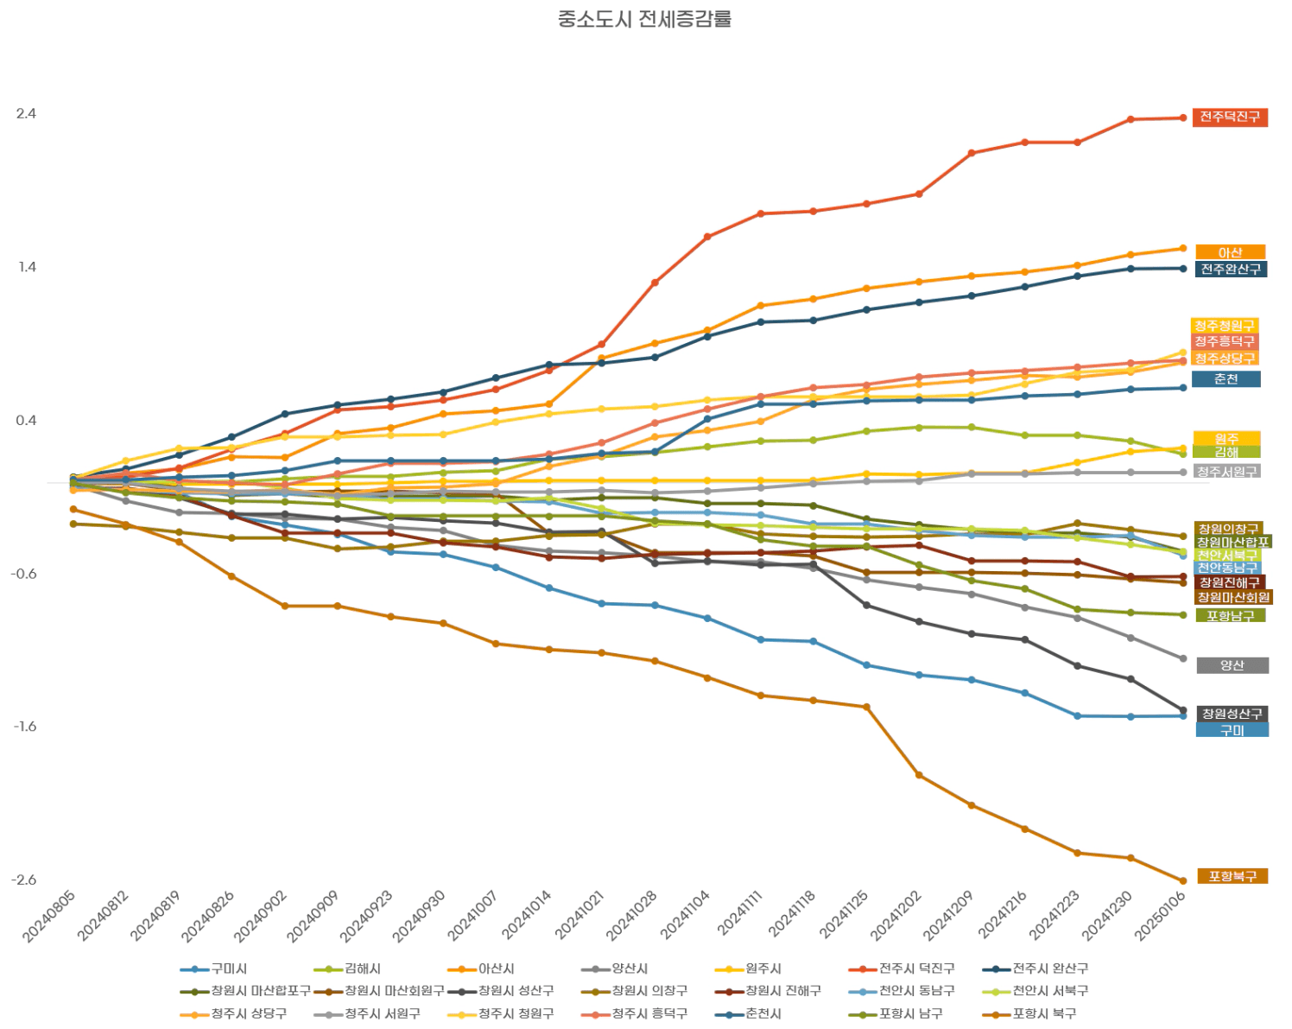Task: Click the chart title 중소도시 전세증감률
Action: click(644, 19)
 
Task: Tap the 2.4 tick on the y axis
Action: click(26, 114)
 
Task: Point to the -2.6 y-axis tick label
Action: click(24, 880)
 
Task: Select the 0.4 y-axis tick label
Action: click(26, 421)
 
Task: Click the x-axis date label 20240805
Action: click(50, 917)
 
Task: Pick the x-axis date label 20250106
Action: click(1161, 917)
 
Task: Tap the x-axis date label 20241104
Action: click(686, 917)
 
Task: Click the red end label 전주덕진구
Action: click(1229, 117)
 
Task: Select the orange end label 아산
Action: click(1230, 252)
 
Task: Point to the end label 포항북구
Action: click(1232, 876)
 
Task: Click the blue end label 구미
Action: click(1232, 730)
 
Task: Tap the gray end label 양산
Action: click(1232, 665)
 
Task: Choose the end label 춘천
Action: click(1225, 379)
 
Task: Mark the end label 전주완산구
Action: click(1231, 269)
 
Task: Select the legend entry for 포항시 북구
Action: click(1043, 1013)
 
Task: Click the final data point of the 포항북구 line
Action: click(1182, 881)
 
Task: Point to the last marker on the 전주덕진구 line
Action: click(1182, 118)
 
